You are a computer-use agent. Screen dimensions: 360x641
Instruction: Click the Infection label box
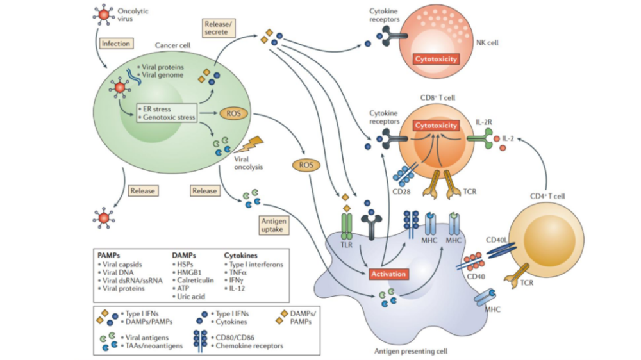coord(115,44)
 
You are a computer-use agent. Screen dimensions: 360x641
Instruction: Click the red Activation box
coord(388,274)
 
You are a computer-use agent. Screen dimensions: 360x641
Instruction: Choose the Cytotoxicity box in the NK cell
coord(437,59)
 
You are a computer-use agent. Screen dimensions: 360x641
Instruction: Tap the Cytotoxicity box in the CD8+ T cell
coord(436,126)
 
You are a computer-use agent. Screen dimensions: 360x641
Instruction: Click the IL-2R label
coord(482,119)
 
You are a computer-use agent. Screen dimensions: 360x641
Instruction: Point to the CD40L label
coord(497,241)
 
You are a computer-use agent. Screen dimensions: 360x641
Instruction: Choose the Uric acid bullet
coord(190,296)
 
